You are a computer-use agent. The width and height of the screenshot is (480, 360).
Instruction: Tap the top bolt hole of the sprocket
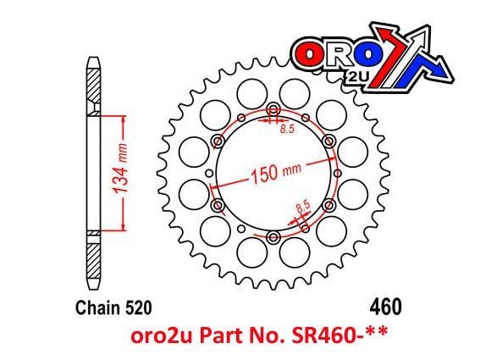tap(274, 110)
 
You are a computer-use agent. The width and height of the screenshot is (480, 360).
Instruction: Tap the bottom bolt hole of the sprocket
tap(274, 236)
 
